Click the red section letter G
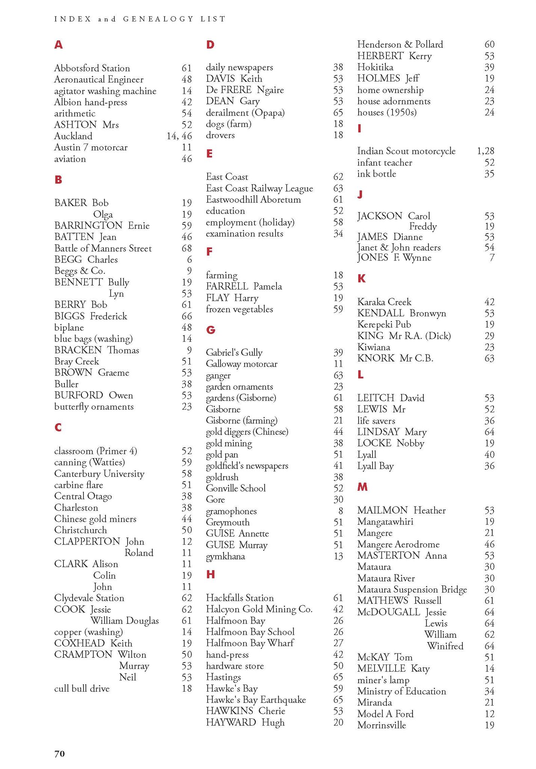point(211,330)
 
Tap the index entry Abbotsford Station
point(92,68)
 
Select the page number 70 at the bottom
point(60,753)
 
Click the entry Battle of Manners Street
point(103,249)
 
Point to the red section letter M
point(362,487)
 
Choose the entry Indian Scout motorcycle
point(406,151)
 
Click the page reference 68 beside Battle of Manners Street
point(187,249)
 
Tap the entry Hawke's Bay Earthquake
point(256,700)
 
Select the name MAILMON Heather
point(401,510)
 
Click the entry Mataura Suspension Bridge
point(412,590)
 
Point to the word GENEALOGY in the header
point(158,19)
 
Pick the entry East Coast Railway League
point(259,188)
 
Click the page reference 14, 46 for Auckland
point(179,136)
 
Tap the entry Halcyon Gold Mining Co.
point(259,609)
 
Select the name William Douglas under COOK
point(125,621)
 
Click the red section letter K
point(361,279)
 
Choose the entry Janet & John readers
point(399,247)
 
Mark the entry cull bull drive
point(82,689)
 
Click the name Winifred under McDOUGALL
point(445,646)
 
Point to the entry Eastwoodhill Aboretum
point(253,200)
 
